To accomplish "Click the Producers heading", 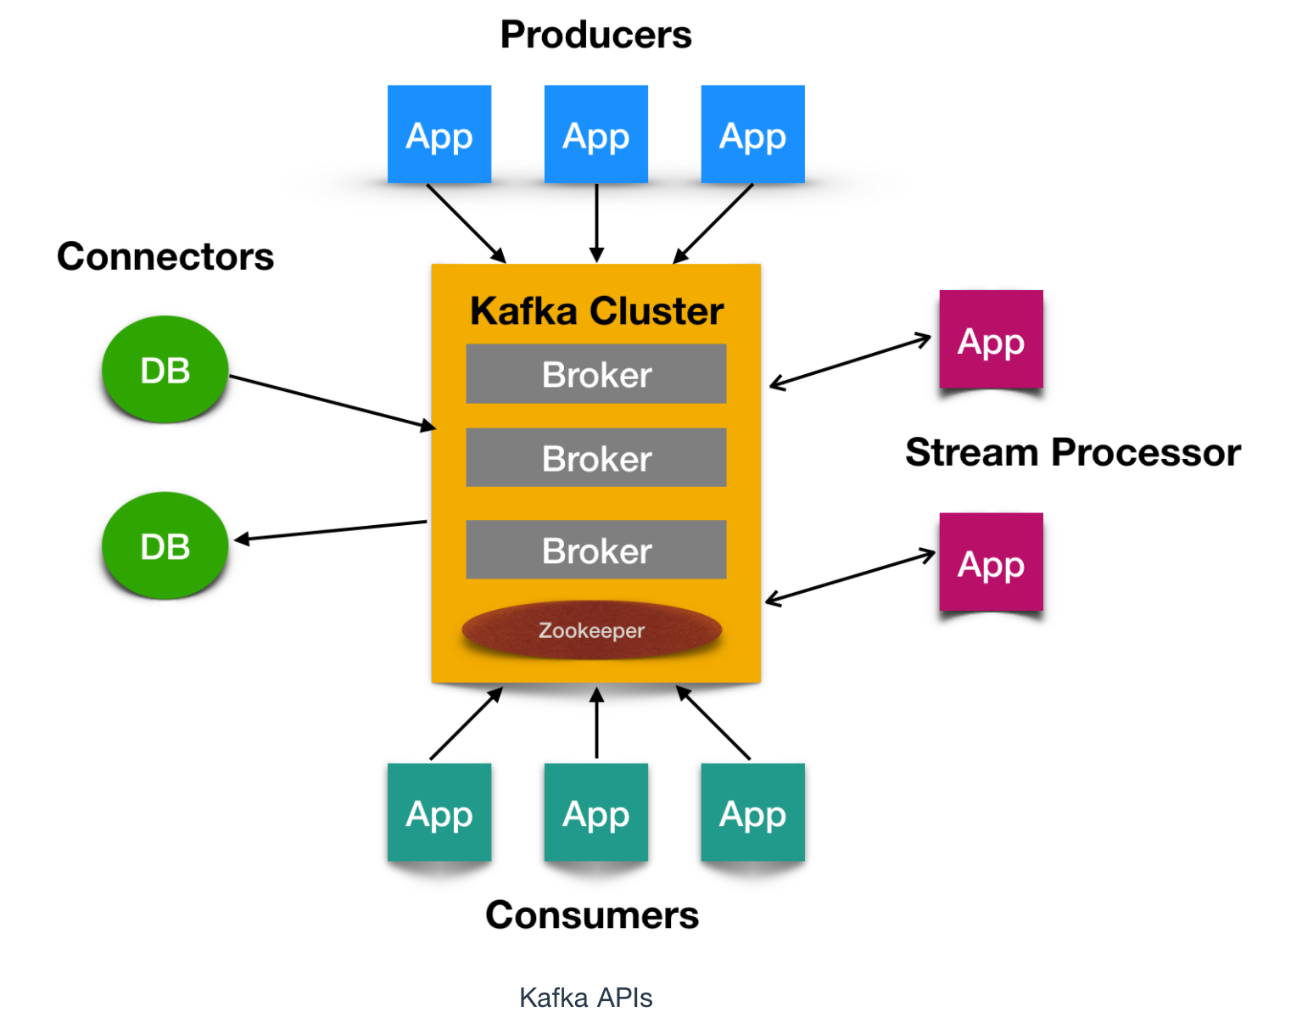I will tap(595, 36).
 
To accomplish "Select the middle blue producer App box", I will tap(595, 134).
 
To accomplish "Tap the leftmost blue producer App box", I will tap(439, 134).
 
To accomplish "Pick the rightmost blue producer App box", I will tap(752, 134).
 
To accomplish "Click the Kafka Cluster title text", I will tap(596, 311).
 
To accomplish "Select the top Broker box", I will tap(596, 374).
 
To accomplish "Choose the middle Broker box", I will tap(596, 458).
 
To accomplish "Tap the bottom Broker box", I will tap(596, 551).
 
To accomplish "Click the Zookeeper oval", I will tap(591, 630).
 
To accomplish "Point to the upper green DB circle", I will tap(165, 370).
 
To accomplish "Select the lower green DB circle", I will tap(165, 546).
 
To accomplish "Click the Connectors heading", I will tap(165, 257).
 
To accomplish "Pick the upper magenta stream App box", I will tap(991, 340).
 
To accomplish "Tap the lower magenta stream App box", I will tap(991, 562).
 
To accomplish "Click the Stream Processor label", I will tap(1073, 452).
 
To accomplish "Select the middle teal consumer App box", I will tap(595, 813).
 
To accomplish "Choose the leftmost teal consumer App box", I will tap(439, 813).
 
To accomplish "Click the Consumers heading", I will tap(592, 915).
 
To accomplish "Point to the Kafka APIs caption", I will tap(585, 998).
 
